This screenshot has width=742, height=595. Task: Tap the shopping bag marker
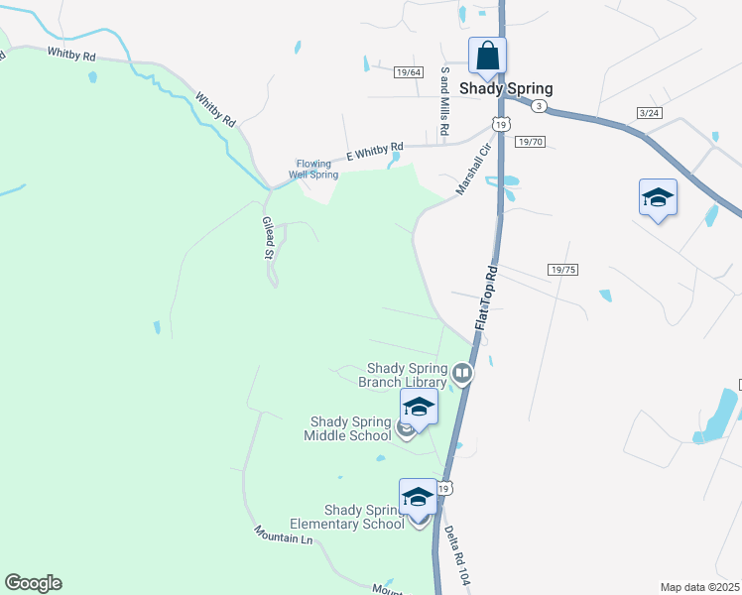(x=487, y=56)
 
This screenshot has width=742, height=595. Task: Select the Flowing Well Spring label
(x=313, y=170)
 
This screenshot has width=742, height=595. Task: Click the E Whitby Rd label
(x=375, y=150)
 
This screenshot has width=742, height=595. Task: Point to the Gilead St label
(x=267, y=238)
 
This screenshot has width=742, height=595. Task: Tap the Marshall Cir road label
(x=474, y=169)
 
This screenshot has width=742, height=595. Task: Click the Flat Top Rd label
(x=485, y=297)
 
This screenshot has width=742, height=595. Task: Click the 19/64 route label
(x=408, y=72)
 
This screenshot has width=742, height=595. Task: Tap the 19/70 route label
(x=531, y=142)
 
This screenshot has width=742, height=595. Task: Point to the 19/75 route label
(x=562, y=270)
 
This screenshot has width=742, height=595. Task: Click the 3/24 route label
(x=650, y=113)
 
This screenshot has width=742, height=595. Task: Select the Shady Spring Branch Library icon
(x=461, y=375)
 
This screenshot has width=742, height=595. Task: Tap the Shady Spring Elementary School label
(x=347, y=517)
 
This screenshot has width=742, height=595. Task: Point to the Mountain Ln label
(x=283, y=538)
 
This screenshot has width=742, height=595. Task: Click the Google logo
(x=33, y=583)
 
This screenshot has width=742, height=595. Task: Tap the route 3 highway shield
(x=538, y=105)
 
